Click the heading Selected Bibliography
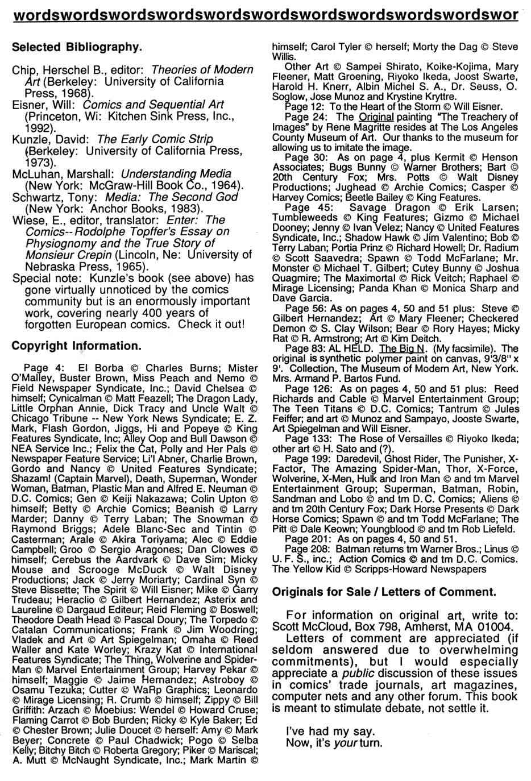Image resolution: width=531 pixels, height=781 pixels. pos(76,47)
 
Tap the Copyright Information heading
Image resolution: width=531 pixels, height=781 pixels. pos(76,346)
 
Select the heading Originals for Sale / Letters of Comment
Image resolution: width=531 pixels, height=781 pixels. pos(384,591)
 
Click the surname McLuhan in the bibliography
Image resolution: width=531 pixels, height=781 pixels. pos(34,174)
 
